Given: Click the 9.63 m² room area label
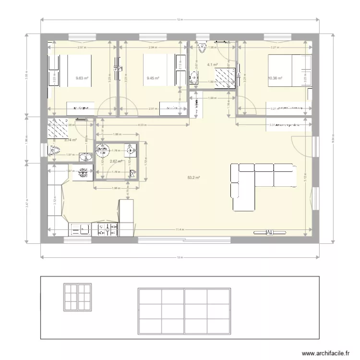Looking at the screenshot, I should pos(82,78).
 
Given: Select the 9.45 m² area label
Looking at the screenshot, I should pos(153,78).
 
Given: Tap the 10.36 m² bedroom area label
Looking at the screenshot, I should pos(275,78).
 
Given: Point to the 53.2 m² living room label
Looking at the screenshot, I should pos(193,177).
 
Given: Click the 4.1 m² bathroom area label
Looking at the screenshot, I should pos(212,64).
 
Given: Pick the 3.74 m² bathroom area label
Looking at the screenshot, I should pos(57,140).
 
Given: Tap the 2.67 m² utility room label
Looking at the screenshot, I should pos(115,161).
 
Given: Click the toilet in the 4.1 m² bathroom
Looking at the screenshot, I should pos(202,47).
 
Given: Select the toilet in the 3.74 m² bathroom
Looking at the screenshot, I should pos(54,151).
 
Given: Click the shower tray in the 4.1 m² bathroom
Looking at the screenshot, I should pos(224,77).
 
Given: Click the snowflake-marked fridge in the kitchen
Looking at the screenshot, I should pos(83,172).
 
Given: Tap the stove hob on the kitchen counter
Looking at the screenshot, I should pos(108,230).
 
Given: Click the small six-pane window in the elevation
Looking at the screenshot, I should pos(77,297).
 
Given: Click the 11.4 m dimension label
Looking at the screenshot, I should pos(180,229).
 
